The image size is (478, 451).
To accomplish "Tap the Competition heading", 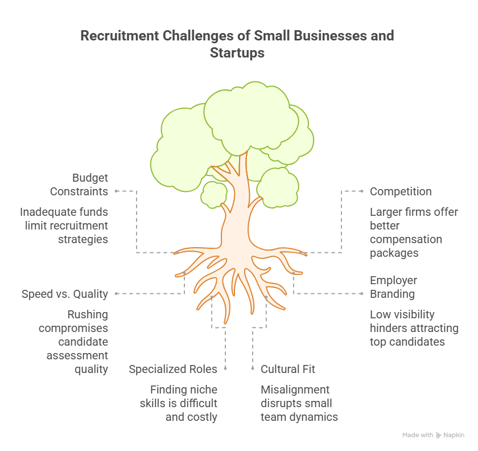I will (401, 191).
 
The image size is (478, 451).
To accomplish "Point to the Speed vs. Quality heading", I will (65, 294).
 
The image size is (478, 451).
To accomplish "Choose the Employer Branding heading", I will (393, 287).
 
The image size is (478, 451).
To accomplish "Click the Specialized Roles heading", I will (173, 369).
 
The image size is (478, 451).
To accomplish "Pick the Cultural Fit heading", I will (288, 369).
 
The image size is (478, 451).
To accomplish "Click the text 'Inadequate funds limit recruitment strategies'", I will (64, 225).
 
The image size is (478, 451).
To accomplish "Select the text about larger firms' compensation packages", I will (414, 232).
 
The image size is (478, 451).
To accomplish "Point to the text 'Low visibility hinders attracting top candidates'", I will (414, 328).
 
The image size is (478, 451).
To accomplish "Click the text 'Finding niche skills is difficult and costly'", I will (179, 403).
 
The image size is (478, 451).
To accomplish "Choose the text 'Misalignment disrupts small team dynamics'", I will (299, 403).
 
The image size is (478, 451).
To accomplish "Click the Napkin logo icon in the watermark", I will (438, 435).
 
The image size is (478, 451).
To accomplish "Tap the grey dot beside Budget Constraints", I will (116, 191).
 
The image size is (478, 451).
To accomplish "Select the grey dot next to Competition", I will (362, 191).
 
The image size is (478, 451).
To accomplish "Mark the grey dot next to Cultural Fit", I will (252, 369).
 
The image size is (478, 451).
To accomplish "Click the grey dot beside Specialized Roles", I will (225, 369).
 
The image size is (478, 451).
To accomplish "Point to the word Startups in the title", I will (237, 53).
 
